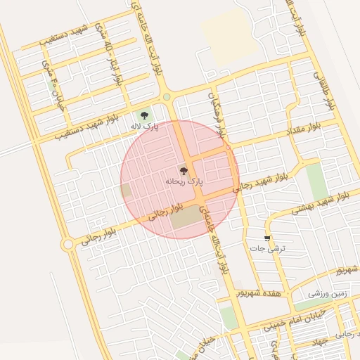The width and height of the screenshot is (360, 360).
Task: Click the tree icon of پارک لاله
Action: [x=144, y=114]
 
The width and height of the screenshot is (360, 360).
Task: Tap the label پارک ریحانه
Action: [x=184, y=181]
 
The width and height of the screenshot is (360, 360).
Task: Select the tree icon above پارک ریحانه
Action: [x=184, y=170]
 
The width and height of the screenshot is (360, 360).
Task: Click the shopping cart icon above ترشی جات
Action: [x=266, y=238]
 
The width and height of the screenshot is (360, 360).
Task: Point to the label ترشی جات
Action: [x=266, y=249]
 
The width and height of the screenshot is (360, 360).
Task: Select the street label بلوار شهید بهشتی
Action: [x=317, y=205]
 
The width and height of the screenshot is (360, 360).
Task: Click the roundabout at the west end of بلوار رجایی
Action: [x=67, y=244]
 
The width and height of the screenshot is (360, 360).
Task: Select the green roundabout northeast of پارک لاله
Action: [x=167, y=97]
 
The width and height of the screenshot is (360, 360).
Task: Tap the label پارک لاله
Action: [x=144, y=127]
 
